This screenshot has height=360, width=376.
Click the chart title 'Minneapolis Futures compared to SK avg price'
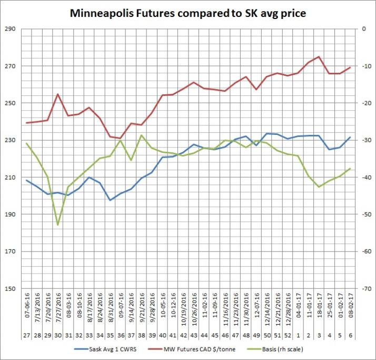[x=187, y=13]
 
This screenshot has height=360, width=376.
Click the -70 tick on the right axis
[x=364, y=289]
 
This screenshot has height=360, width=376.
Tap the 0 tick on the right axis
[x=363, y=29]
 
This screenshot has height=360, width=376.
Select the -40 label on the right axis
[x=364, y=178]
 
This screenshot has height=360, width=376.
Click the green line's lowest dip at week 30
[x=58, y=225]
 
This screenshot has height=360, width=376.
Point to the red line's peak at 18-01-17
[x=319, y=57]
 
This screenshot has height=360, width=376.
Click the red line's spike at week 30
[x=58, y=94]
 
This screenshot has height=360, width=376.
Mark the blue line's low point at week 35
[x=110, y=200]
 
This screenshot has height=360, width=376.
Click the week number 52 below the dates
[x=288, y=335]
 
